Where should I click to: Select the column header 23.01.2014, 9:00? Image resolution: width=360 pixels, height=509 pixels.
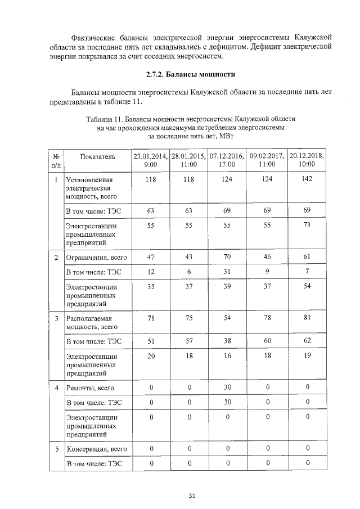coord(150,160)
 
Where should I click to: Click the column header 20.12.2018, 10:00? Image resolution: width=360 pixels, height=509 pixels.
coord(307,160)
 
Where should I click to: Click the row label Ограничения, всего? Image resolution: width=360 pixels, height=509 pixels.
coord(96,258)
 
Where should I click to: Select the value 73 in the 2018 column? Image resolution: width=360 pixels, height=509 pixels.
coord(307,225)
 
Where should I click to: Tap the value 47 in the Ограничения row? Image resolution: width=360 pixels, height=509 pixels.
coord(150,257)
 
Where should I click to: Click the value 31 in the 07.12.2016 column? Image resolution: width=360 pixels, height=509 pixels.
coord(228,272)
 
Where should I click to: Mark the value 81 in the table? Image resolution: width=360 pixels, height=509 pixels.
coord(307,318)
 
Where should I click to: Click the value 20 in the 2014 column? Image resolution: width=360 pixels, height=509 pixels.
coord(150,356)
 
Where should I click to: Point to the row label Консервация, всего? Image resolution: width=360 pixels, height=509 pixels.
coord(96,449)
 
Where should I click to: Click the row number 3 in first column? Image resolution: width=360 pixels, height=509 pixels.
coord(56,318)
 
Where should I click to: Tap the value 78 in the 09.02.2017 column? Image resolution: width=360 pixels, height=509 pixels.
coord(267,318)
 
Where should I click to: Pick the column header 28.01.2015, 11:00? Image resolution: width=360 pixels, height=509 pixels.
coord(189,160)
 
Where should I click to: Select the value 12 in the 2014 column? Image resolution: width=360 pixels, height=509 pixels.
coord(150,272)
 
